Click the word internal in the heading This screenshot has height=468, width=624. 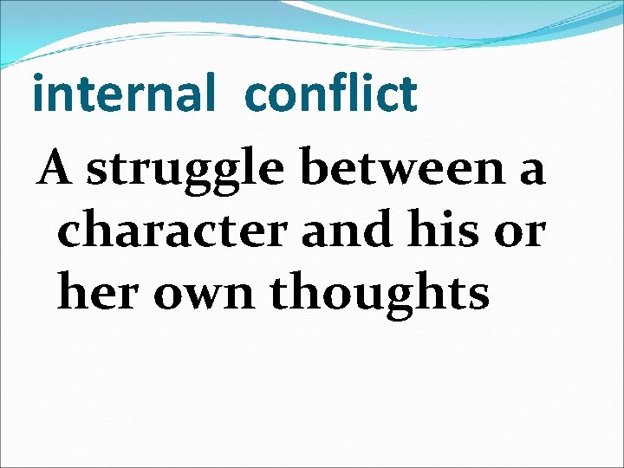pyautogui.click(x=122, y=94)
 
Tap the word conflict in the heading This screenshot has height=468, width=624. pyautogui.click(x=331, y=94)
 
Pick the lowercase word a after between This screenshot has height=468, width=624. pyautogui.click(x=530, y=171)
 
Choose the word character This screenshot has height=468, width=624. pyautogui.click(x=172, y=231)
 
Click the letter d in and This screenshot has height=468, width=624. pyautogui.click(x=368, y=228)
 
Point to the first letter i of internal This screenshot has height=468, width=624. pyautogui.click(x=37, y=94)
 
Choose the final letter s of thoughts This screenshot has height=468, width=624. pyautogui.click(x=478, y=296)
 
